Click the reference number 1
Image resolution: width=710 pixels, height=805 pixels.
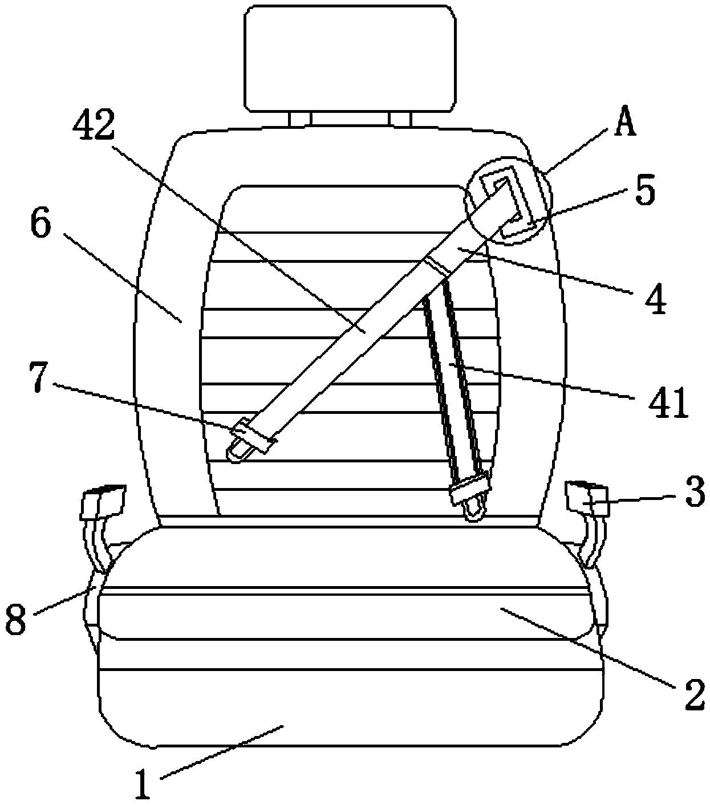click(143, 784)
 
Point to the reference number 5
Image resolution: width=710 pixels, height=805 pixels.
click(644, 191)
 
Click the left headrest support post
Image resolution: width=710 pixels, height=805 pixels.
click(300, 120)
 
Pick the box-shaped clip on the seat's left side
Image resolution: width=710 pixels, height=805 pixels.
click(103, 502)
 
